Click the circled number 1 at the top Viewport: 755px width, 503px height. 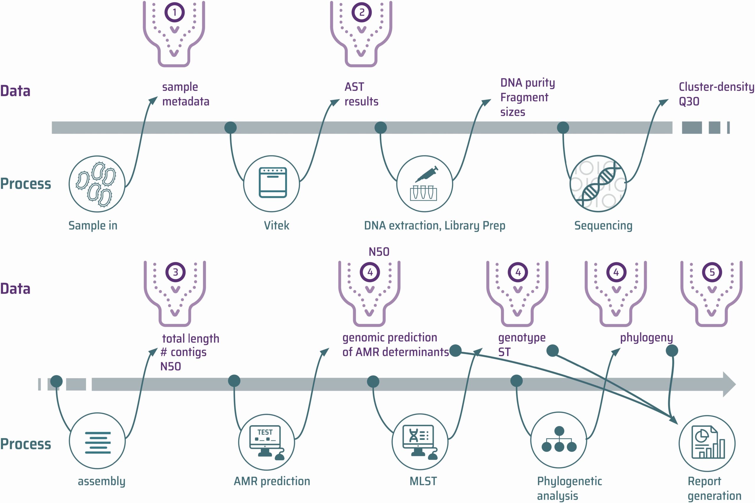click(x=175, y=12)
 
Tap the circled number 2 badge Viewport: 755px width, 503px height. click(x=362, y=12)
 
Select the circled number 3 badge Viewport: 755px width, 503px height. click(x=175, y=272)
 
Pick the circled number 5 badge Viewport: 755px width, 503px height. click(x=712, y=272)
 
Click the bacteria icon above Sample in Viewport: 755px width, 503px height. click(x=97, y=184)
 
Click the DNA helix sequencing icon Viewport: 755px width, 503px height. click(x=598, y=184)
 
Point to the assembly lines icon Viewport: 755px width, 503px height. click(x=97, y=442)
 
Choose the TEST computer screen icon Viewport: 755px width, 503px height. click(x=266, y=442)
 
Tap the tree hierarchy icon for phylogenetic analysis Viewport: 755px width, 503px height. click(x=559, y=440)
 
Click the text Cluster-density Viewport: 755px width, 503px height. click(x=716, y=87)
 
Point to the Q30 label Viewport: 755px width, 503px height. click(x=689, y=101)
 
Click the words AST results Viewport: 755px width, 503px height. click(x=361, y=94)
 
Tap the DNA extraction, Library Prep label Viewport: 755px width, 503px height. click(x=434, y=226)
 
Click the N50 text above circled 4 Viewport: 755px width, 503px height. click(x=379, y=252)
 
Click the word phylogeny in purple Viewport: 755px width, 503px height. click(x=646, y=338)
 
